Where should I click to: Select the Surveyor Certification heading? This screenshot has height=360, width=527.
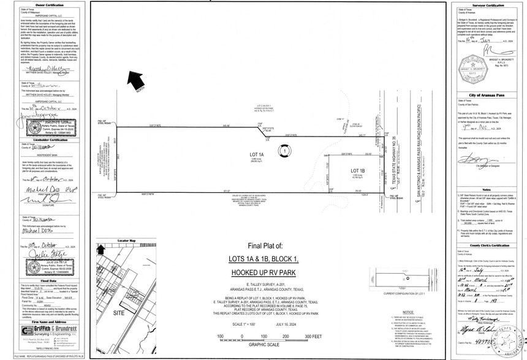point(486,5)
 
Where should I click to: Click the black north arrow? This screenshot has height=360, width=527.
point(136,80)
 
